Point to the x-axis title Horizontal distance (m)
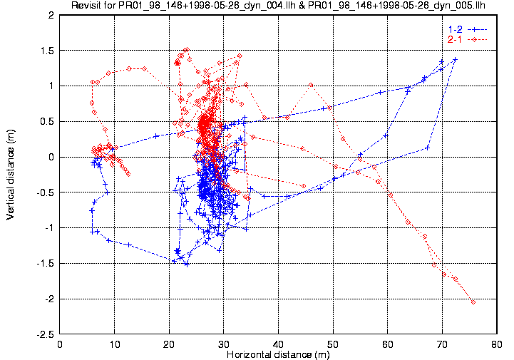278,354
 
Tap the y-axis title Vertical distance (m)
11,175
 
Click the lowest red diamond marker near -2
473,302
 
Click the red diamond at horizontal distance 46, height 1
311,85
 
